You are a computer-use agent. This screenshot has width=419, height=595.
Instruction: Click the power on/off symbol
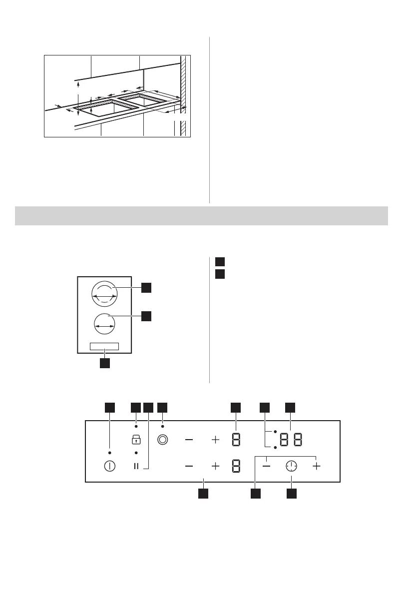109,466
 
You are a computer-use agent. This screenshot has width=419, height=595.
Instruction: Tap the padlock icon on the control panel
136,440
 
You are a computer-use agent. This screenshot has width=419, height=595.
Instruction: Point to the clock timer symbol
291,466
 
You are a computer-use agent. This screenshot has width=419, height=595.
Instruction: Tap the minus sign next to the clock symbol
267,466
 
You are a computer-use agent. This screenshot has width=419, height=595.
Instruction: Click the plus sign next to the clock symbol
316,466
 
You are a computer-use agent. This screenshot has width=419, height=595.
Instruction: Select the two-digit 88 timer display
291,440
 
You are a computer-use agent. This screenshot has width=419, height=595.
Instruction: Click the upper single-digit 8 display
236,440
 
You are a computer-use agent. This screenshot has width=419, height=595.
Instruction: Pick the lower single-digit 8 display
236,466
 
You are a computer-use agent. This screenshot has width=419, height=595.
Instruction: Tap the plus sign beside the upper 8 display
215,440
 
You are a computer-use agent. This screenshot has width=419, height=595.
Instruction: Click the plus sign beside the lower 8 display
215,466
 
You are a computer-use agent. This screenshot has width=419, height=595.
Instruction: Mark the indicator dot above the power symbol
109,452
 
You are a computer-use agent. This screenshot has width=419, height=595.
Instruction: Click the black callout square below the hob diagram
104,363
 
